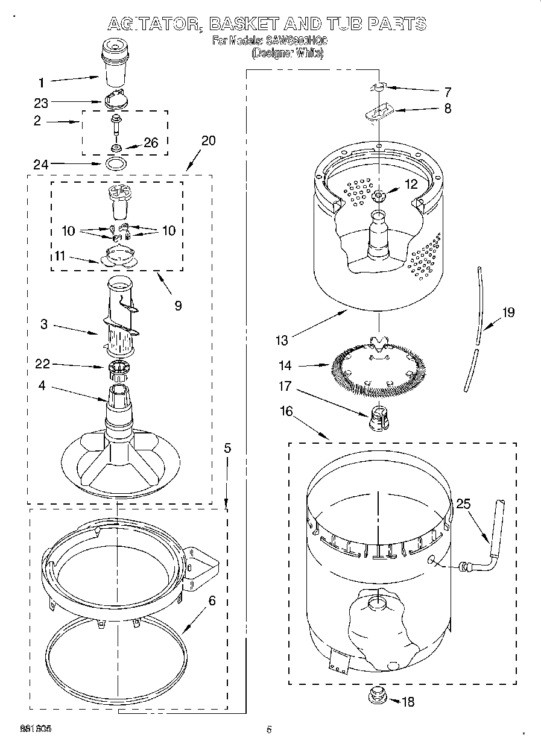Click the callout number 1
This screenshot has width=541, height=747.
click(x=41, y=81)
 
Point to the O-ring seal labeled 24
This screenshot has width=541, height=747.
click(x=116, y=163)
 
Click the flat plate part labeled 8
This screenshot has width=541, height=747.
click(x=378, y=112)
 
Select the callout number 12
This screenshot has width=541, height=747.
click(x=411, y=185)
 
